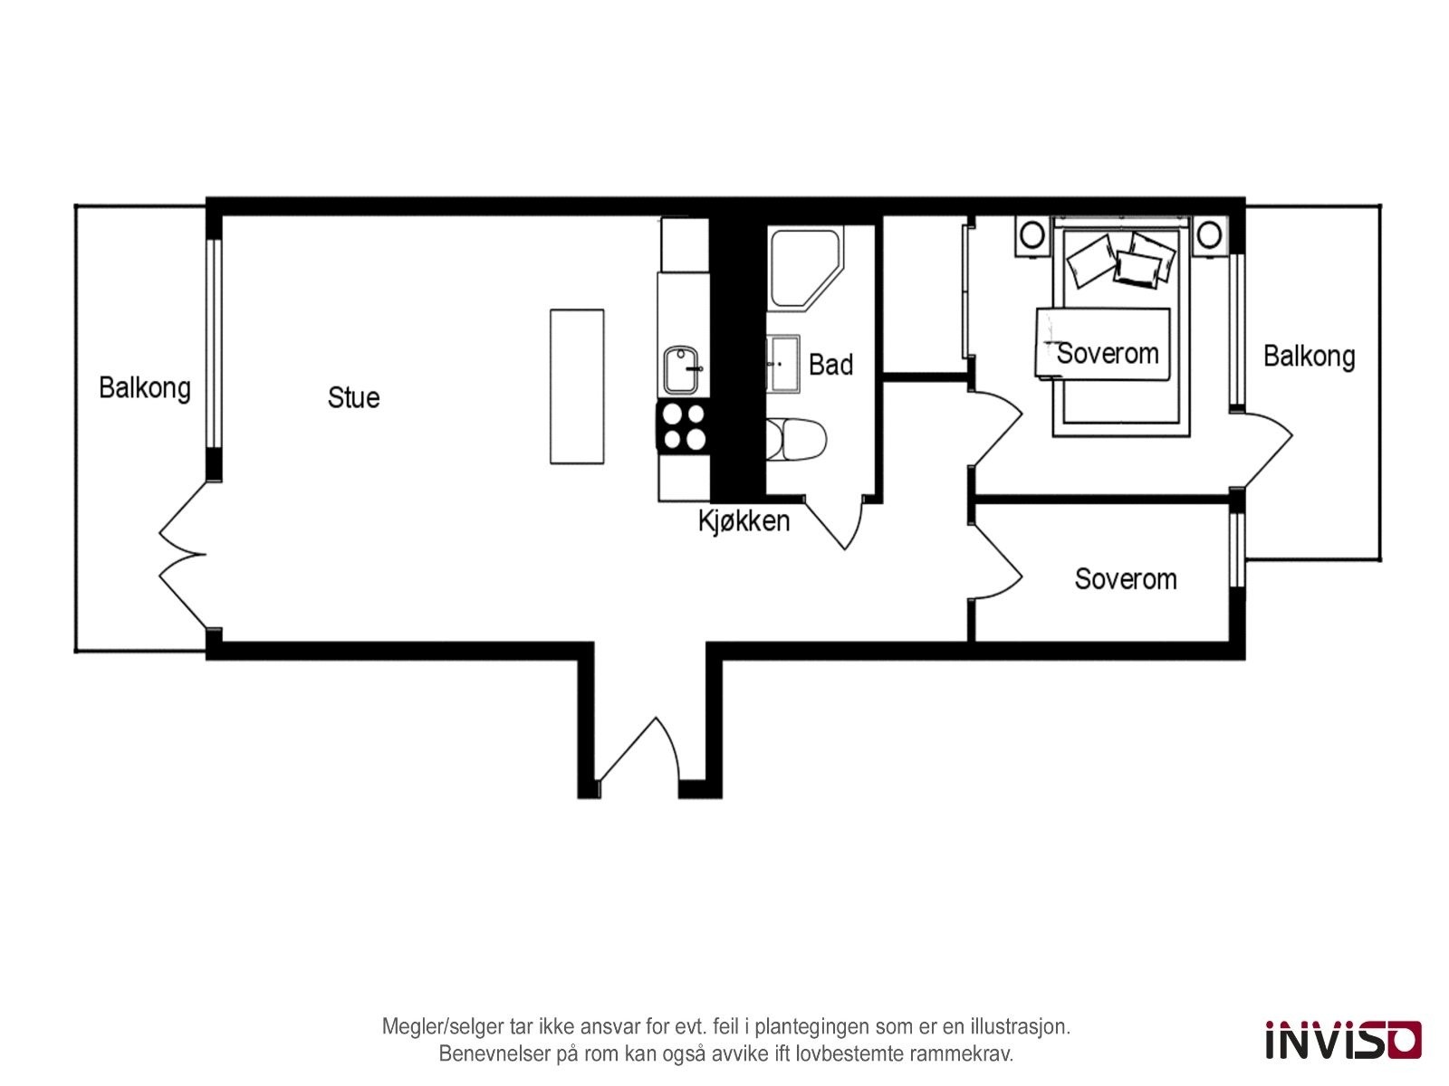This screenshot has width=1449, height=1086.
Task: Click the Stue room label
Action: click(353, 397)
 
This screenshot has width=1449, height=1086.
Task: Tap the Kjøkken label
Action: click(744, 521)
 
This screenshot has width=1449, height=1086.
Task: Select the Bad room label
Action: click(830, 365)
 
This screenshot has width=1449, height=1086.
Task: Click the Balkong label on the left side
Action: click(145, 388)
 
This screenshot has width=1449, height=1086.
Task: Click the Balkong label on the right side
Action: click(1309, 357)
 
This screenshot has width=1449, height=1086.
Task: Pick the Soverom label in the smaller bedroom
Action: click(1125, 579)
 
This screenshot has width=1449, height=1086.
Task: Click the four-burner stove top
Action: click(683, 426)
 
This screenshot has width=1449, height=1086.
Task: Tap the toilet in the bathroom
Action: click(796, 440)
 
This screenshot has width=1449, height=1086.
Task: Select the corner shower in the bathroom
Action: click(801, 264)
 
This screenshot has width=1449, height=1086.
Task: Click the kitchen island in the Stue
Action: click(577, 386)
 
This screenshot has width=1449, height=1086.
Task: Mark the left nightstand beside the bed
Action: click(1031, 236)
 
